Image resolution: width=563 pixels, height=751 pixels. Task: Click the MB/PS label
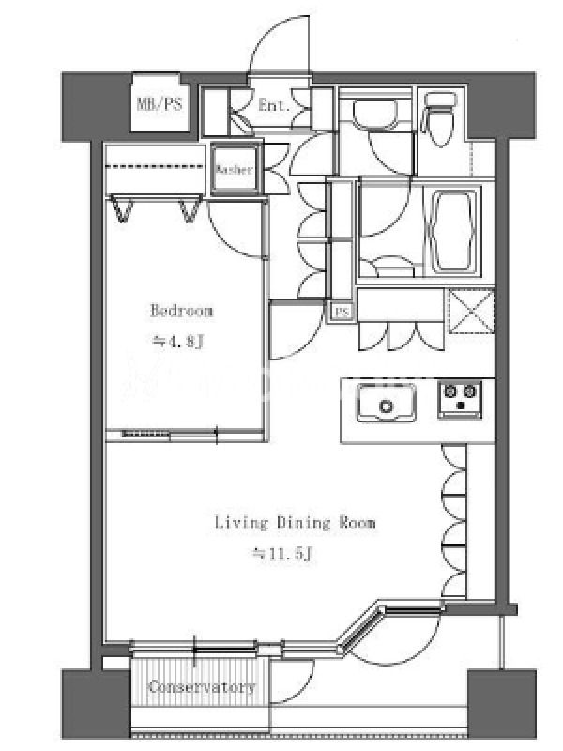pyautogui.click(x=160, y=104)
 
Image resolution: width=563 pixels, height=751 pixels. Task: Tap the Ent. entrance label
pyautogui.click(x=274, y=105)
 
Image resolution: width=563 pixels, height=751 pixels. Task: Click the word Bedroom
pyautogui.click(x=181, y=311)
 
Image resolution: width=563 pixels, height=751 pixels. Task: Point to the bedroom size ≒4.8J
pyautogui.click(x=178, y=342)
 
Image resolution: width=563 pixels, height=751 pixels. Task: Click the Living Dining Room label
pyautogui.click(x=295, y=523)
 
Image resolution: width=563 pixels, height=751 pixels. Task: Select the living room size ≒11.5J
pyautogui.click(x=283, y=555)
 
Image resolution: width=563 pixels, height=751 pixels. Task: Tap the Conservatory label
pyautogui.click(x=202, y=687)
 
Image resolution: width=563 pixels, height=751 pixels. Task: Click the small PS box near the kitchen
pyautogui.click(x=342, y=313)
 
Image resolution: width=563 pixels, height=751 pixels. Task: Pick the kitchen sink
pyautogui.click(x=386, y=403)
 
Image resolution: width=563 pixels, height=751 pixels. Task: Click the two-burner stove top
pyautogui.click(x=460, y=399)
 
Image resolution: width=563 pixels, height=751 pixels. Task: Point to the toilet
pyautogui.click(x=439, y=118)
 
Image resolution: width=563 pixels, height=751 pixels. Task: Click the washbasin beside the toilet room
pyautogui.click(x=375, y=112)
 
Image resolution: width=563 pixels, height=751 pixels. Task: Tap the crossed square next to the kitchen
pyautogui.click(x=471, y=312)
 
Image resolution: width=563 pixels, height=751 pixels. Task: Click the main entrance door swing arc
pyautogui.click(x=267, y=33)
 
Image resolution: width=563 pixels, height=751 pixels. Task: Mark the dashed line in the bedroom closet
pyautogui.click(x=155, y=167)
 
